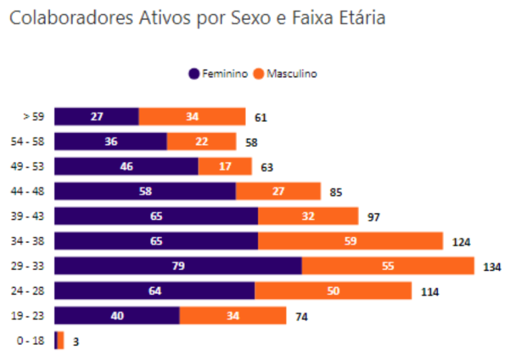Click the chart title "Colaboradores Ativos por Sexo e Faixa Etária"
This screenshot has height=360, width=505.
click(197, 18)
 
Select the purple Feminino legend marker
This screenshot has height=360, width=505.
click(194, 74)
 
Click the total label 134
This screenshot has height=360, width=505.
click(492, 267)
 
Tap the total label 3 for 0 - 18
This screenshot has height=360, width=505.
click(76, 342)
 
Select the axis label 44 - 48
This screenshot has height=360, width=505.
click(29, 191)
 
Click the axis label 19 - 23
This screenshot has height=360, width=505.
click(29, 315)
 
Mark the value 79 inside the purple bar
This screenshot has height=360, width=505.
click(178, 266)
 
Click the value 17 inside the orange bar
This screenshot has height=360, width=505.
click(225, 166)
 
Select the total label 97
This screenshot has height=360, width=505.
click(374, 217)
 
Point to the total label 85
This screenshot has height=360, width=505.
click(336, 192)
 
